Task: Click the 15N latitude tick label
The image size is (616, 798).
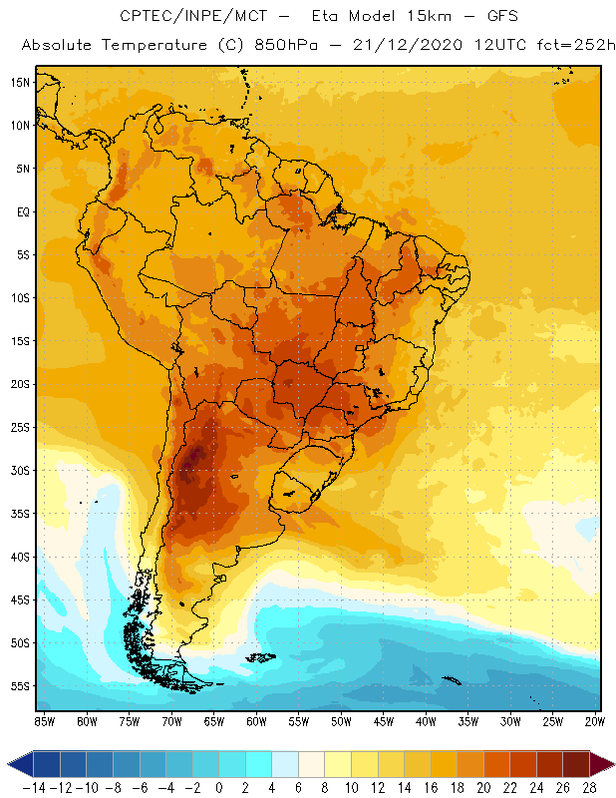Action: coord(20,82)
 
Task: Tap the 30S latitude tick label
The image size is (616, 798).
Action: coord(20,470)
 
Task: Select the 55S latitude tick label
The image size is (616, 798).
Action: coord(20,686)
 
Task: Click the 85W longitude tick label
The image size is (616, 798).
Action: coord(44,721)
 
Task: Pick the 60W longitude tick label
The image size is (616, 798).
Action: coord(256,721)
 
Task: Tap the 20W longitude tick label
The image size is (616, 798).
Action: coord(595,721)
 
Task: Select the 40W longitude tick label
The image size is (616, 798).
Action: coord(426,721)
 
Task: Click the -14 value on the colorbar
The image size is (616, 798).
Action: coord(34,787)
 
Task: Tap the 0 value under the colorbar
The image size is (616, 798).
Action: coord(219,787)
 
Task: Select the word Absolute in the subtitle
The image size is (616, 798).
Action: coord(60,46)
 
